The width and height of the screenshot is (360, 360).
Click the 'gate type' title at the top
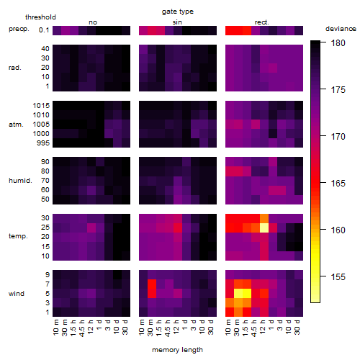(x=178, y=12)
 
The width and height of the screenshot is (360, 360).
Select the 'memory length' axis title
(x=177, y=350)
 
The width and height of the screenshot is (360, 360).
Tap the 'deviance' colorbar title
(x=341, y=29)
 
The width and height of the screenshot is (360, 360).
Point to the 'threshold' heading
(x=40, y=17)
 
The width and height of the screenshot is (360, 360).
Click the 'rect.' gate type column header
(x=261, y=22)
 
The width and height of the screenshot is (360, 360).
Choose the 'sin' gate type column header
(x=177, y=22)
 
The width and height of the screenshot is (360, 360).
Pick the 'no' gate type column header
(x=93, y=22)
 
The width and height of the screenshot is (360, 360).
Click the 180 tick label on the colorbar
(x=338, y=43)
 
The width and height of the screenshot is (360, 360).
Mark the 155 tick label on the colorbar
(x=338, y=277)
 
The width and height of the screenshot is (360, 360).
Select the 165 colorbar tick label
(x=338, y=184)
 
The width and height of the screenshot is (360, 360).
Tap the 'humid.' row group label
(x=20, y=181)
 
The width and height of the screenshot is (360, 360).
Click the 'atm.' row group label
(x=16, y=125)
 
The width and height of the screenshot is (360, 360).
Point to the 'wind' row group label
(x=17, y=294)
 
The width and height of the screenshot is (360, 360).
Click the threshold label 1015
(x=41, y=106)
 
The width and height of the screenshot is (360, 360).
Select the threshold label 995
(x=43, y=143)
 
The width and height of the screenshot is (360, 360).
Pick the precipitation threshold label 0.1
(x=44, y=30)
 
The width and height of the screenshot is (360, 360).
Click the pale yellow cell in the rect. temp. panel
(x=264, y=228)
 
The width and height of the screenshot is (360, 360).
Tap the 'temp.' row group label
(x=18, y=236)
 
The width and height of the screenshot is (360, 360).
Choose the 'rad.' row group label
(x=15, y=68)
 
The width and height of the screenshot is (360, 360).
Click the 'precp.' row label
(x=19, y=30)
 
